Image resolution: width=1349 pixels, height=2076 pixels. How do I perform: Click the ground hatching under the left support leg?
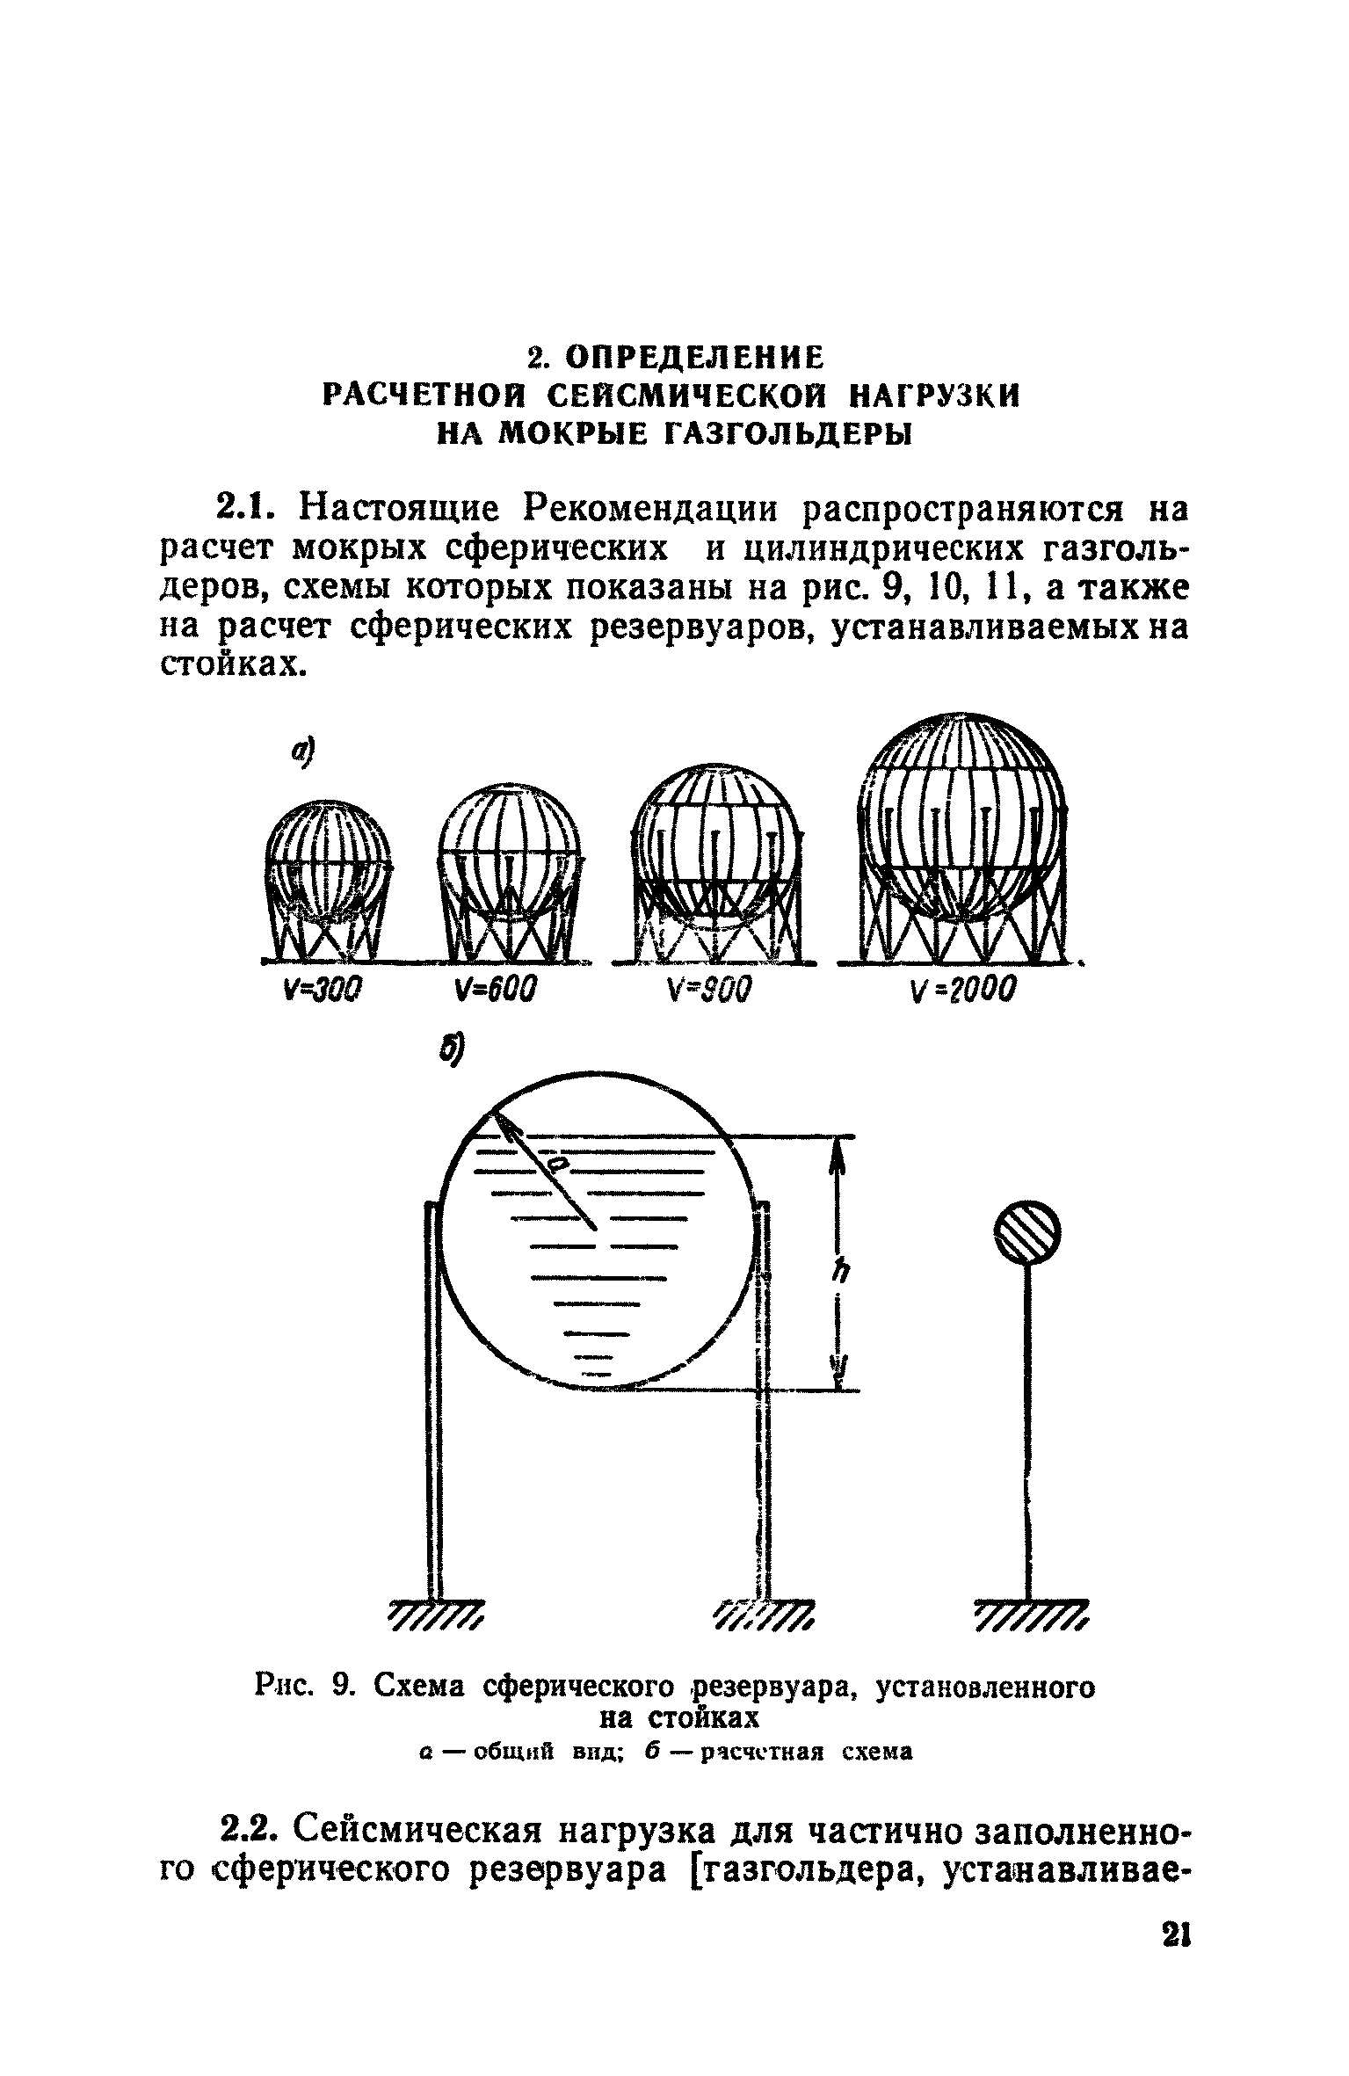436,1615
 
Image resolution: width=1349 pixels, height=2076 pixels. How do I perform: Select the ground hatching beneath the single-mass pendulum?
1032,1615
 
